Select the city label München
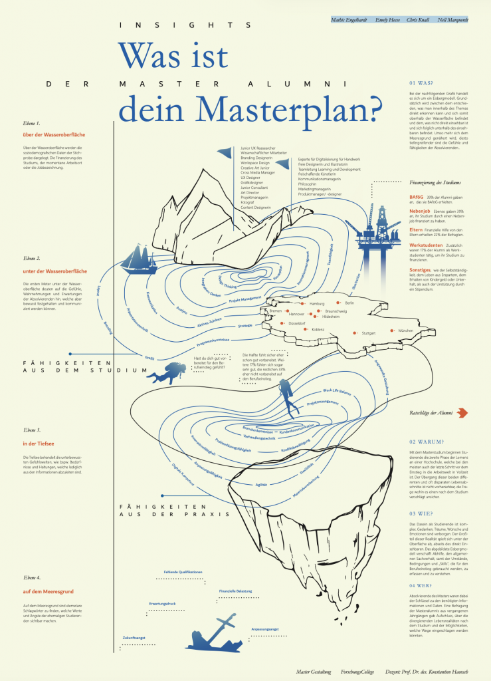coord(405,331)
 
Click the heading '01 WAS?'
coord(421,83)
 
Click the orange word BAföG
coord(419,197)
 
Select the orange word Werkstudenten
coord(427,245)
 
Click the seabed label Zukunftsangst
coord(134,638)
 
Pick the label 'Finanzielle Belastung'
coord(235,591)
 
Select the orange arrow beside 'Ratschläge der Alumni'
coord(463,414)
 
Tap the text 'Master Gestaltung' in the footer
coord(314,673)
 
